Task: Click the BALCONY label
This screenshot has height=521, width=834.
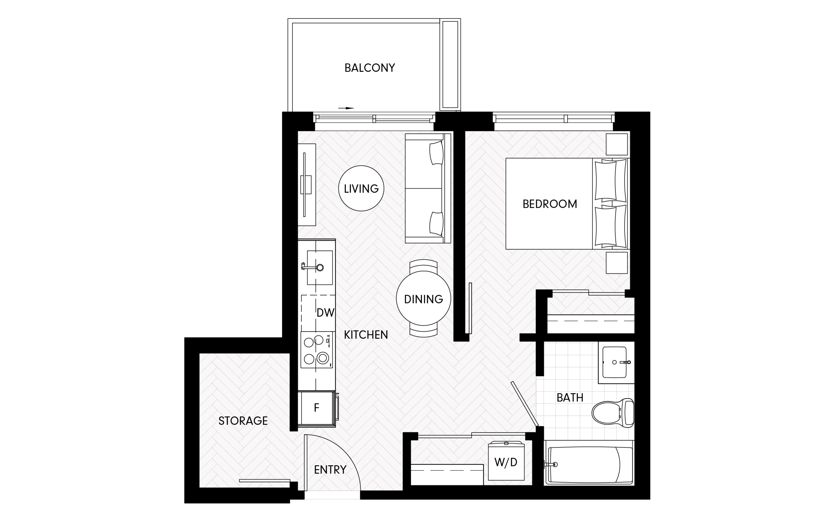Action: [x=369, y=68]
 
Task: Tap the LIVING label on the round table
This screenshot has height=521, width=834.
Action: [x=361, y=188]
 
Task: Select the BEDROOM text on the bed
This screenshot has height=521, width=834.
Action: [x=550, y=204]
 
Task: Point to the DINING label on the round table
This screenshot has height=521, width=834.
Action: [x=423, y=299]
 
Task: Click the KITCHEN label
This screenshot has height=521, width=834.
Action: [x=366, y=335]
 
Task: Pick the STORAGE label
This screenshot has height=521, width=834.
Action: [x=243, y=421]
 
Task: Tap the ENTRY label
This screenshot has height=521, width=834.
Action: [x=330, y=470]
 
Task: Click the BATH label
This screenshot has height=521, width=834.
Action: [x=570, y=398]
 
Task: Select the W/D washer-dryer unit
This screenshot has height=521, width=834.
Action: [x=506, y=461]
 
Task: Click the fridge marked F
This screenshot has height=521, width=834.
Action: [x=316, y=408]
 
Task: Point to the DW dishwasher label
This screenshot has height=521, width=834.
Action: [x=325, y=313]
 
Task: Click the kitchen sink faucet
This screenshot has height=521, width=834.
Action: [x=312, y=267]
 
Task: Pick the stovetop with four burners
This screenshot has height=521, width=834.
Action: [x=317, y=350]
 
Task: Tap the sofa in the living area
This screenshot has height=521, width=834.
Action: [x=428, y=188]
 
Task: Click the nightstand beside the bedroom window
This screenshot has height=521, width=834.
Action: [x=617, y=144]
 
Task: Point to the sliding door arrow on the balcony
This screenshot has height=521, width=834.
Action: [x=346, y=108]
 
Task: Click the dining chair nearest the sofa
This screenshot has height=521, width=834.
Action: [x=423, y=265]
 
